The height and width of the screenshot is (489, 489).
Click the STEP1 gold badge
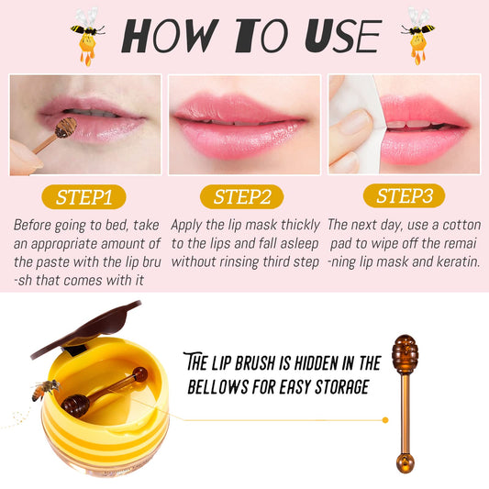(83, 197)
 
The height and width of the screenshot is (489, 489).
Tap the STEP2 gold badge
(242, 196)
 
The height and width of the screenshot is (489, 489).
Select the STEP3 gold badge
(404, 195)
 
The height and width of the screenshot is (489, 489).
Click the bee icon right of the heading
(417, 36)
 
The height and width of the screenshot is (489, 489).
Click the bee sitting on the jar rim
(44, 389)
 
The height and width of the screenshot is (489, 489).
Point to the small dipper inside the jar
(101, 390)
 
